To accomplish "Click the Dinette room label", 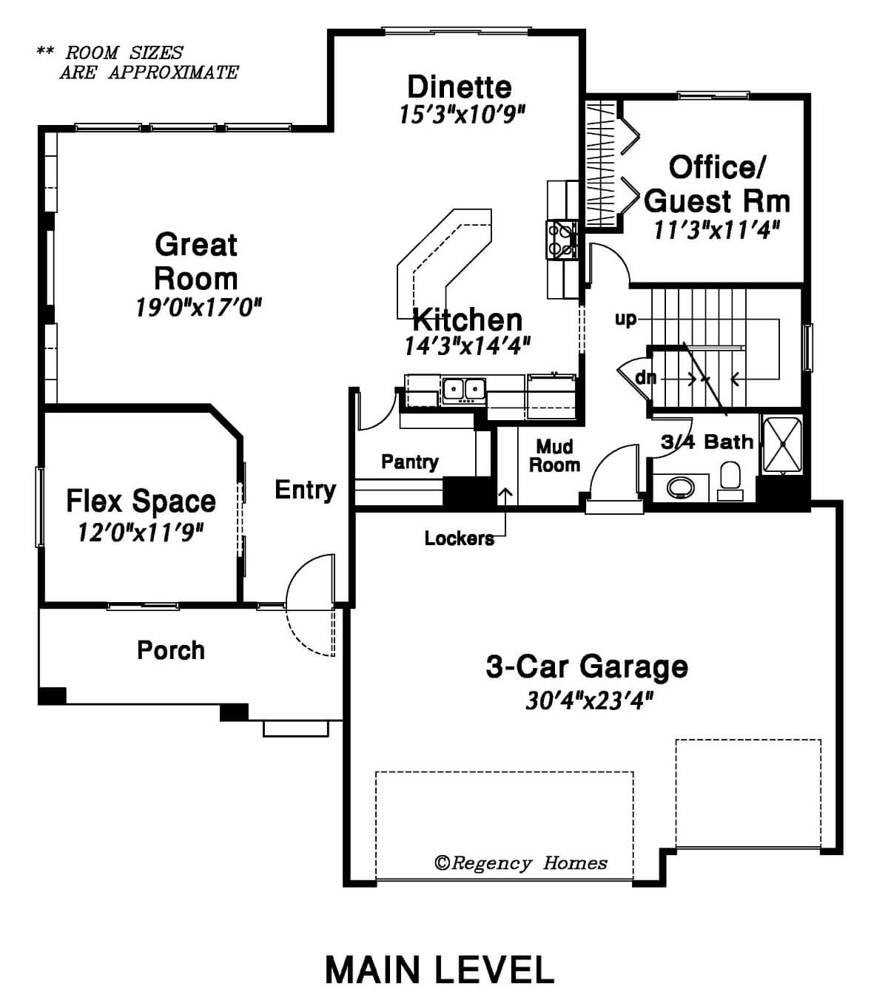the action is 459,87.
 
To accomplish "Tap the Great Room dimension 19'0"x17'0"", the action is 198,308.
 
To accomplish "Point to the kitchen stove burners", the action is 562,240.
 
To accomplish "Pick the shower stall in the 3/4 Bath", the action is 782,445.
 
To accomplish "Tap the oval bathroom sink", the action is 680,487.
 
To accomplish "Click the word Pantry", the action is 410,462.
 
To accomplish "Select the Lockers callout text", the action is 459,538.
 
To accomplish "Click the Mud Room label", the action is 555,456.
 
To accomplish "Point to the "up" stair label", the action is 625,320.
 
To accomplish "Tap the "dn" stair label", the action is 646,378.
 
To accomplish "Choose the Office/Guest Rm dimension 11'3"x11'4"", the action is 716,230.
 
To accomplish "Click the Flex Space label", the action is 141,501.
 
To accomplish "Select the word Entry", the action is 306,490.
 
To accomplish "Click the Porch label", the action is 171,650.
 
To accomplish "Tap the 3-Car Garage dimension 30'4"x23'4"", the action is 589,700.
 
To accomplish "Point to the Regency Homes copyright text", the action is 520,863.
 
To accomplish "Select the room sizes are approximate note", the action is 138,62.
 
